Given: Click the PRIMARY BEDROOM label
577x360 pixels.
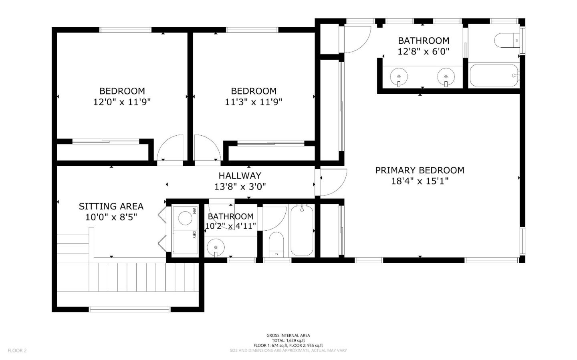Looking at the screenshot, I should coord(420,170).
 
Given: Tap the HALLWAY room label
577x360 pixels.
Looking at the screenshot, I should coord(240,175).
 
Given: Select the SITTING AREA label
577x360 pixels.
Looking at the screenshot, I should coord(111,206).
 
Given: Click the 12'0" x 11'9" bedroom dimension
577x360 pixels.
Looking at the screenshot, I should coord(122,102).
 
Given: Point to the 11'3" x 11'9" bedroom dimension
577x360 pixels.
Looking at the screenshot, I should coord(253,102).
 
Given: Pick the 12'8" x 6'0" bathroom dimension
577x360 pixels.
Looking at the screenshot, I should coord(424,52).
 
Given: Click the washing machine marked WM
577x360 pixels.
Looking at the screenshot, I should coord(185,218).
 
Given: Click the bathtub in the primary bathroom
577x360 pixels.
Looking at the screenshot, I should coord(494,75).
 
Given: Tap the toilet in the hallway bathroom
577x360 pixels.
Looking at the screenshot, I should coord(276,243).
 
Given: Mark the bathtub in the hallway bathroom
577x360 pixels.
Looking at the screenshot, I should coord(302,230).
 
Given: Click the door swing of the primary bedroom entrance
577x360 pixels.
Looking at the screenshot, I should coord(333,182).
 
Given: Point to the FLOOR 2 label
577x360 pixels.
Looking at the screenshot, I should coord(17,350).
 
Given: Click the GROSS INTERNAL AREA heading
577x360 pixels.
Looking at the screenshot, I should coord(288,336).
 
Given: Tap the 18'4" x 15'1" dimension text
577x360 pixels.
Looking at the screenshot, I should coord(420,181).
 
